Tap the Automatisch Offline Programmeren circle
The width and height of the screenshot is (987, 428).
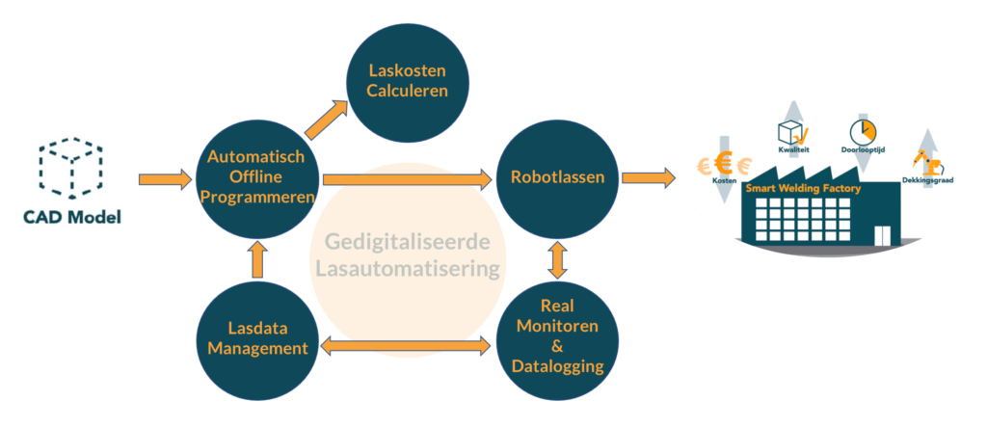click(256, 177)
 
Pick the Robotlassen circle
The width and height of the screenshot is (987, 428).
click(558, 177)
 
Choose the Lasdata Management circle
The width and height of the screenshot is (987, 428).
click(257, 339)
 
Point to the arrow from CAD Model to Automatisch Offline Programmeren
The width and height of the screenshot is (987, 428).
click(165, 178)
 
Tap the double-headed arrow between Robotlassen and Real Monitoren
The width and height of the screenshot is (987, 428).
click(558, 259)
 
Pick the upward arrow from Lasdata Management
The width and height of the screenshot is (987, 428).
click(257, 259)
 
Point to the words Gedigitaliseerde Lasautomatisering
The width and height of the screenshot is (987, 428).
click(407, 254)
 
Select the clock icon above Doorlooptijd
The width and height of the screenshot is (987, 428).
click(862, 131)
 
